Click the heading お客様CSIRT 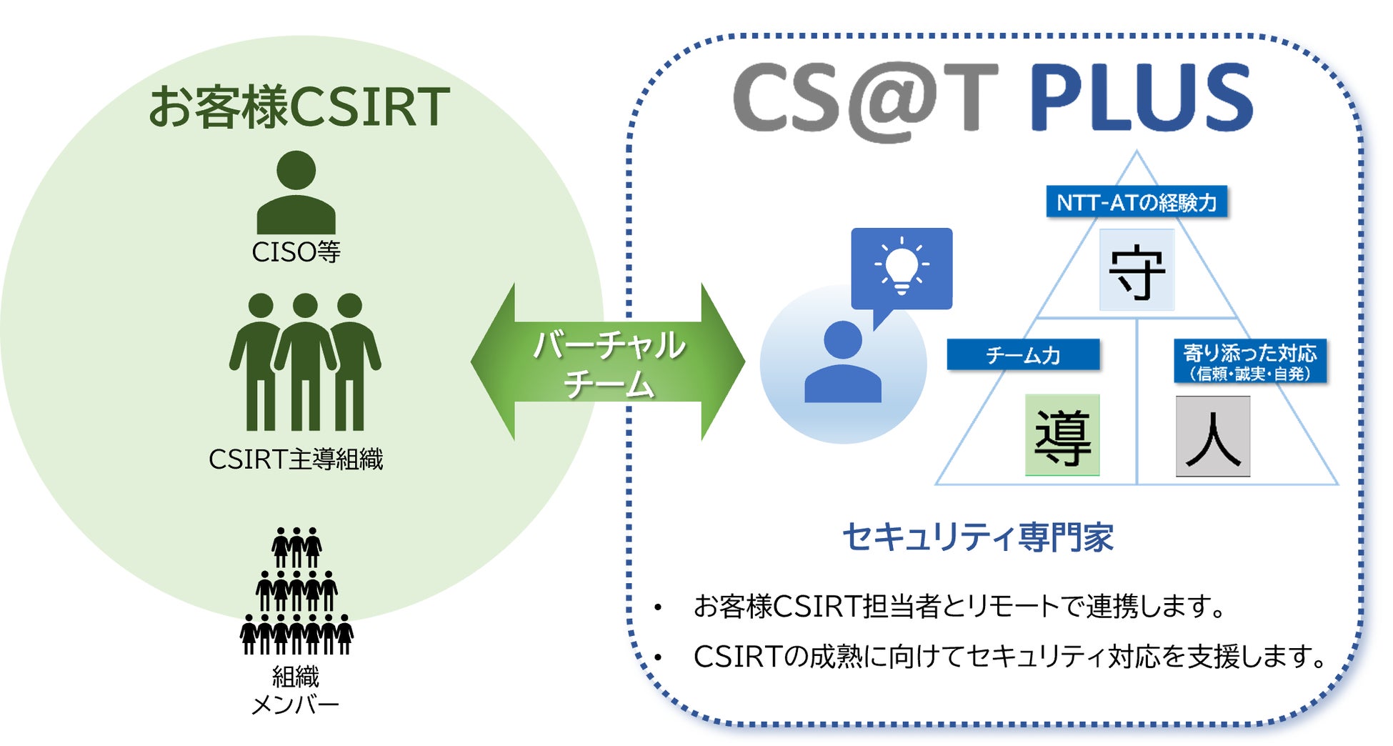coord(299,107)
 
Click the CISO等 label coord(296,252)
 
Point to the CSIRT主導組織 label coord(296,459)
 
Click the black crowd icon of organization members coord(296,592)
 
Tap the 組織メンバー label coord(296,690)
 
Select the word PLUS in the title coord(1141,98)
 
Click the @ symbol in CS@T coord(891,100)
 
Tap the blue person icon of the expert coord(843,362)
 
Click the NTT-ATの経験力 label coord(1137,202)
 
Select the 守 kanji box coord(1137,270)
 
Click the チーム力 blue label coord(1023,354)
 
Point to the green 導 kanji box coord(1062,435)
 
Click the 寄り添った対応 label coord(1250,362)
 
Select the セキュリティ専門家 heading coord(978,537)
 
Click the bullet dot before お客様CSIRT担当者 coord(658,608)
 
